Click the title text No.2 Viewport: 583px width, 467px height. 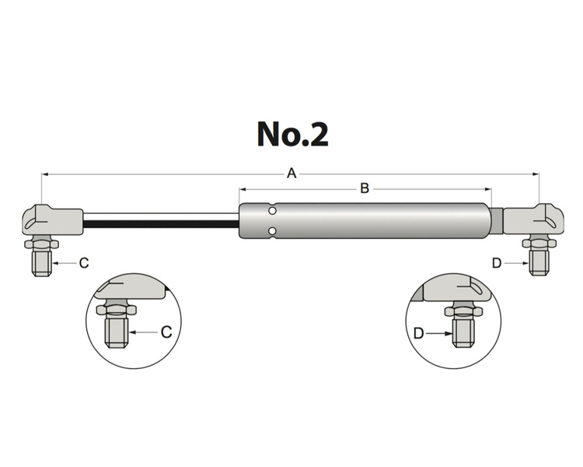coord(292,134)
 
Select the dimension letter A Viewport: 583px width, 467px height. coord(291,174)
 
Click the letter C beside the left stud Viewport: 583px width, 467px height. coord(83,264)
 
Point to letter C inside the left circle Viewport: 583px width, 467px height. coord(166,332)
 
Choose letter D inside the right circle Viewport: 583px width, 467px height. coord(418,333)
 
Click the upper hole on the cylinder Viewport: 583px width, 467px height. coord(271,210)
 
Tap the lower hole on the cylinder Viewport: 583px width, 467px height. coord(271,230)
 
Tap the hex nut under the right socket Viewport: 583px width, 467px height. coord(539,244)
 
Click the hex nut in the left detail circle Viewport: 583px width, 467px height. coord(116,310)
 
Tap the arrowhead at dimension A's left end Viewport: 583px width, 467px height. coord(44,174)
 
